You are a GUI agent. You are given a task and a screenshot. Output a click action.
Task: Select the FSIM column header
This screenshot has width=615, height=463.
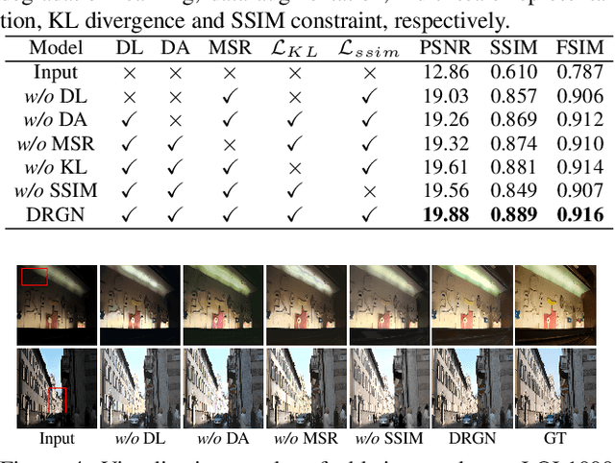(x=580, y=48)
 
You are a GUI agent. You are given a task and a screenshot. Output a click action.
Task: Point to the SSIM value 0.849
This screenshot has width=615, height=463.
(x=510, y=190)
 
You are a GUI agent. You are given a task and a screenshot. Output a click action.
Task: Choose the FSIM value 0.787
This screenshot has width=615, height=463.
(x=580, y=72)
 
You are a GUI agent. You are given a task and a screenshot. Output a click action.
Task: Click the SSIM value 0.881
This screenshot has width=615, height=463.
(x=510, y=166)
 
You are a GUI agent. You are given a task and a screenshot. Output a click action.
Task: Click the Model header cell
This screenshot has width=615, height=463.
(x=56, y=48)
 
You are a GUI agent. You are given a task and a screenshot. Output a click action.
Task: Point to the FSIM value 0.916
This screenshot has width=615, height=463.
(x=580, y=213)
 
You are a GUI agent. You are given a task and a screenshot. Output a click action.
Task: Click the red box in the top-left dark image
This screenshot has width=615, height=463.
(x=35, y=277)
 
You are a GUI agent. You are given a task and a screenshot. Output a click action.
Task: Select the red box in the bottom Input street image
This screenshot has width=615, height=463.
(x=57, y=400)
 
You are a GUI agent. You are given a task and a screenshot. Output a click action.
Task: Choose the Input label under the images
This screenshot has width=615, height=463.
(x=57, y=439)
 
